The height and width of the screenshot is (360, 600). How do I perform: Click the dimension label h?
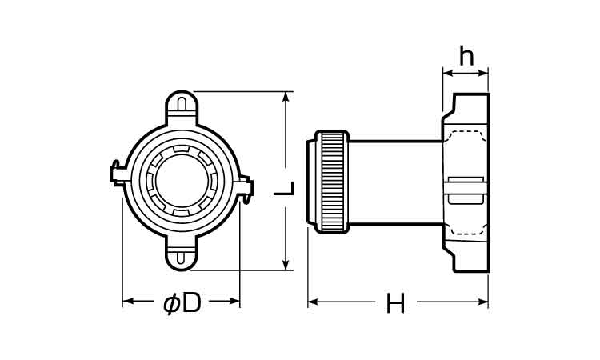(466, 56)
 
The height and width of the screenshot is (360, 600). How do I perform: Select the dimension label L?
(284, 188)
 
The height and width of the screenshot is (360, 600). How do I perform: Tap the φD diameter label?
(182, 303)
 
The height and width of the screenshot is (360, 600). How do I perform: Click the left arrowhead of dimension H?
(313, 302)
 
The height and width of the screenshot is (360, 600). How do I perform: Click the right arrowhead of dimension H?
(483, 302)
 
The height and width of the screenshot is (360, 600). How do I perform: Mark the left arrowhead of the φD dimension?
(127, 301)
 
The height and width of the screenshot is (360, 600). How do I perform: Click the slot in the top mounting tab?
(182, 104)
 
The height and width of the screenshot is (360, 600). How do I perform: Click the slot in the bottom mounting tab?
(182, 258)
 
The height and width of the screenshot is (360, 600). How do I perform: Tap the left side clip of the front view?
(118, 174)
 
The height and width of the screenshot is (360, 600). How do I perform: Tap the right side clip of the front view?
(246, 189)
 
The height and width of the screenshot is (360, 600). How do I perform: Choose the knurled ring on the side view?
(332, 182)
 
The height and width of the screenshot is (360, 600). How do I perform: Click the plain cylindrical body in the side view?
(396, 182)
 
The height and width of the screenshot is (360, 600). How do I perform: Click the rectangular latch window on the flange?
(466, 190)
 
